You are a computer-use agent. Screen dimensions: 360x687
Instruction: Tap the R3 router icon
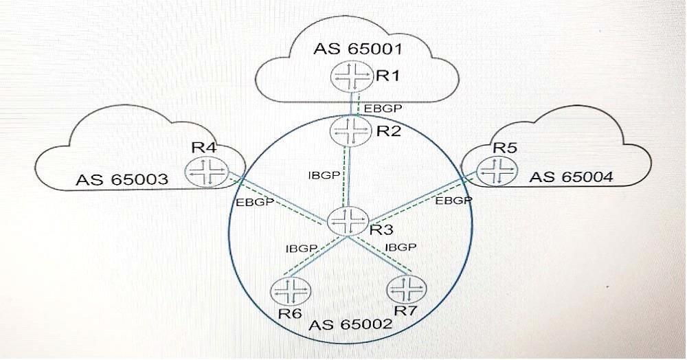pyautogui.click(x=346, y=221)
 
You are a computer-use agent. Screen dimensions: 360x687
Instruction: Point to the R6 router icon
pyautogui.click(x=289, y=291)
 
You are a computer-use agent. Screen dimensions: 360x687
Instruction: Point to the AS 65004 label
pyautogui.click(x=572, y=177)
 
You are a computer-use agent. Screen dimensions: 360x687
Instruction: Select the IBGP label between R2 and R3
pyautogui.click(x=324, y=175)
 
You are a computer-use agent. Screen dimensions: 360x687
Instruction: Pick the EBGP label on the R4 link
pyautogui.click(x=256, y=203)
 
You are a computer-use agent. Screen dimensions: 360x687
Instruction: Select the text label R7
pyautogui.click(x=410, y=311)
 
